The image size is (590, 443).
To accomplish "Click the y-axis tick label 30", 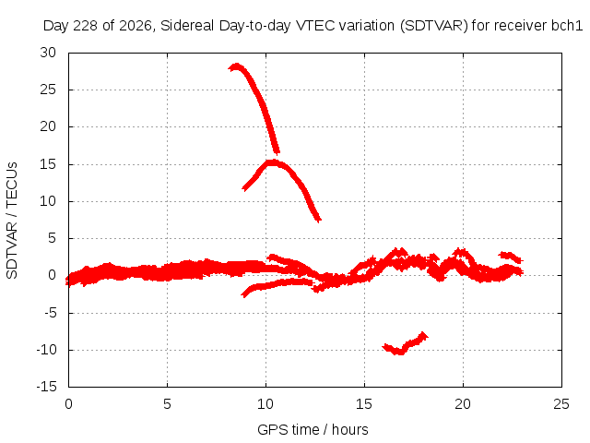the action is coord(48,53).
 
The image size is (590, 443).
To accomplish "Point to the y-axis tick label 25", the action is coord(48,90).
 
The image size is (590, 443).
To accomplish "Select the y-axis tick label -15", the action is coord(47,387).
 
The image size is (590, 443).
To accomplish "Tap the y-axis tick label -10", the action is coord(47,350).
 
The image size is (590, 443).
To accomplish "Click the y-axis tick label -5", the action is coord(51,313).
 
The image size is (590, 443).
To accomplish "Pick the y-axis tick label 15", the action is coord(48,164).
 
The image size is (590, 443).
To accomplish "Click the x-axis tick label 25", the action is coord(561,404).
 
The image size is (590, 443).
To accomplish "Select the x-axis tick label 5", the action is coord(167,404).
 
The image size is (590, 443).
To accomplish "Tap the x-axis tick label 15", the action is coord(364,404).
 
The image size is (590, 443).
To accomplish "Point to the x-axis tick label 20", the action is coord(463,404).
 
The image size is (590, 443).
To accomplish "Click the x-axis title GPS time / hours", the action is coord(313,429).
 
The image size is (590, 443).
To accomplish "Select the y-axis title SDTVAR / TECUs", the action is coord(12,221).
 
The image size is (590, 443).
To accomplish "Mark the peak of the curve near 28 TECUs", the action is coord(236,66).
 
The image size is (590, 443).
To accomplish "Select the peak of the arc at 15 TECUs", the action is coord(272,162).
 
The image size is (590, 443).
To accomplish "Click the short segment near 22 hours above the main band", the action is coord(511,257).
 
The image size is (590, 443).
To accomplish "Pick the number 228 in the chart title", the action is coord(86,26).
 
